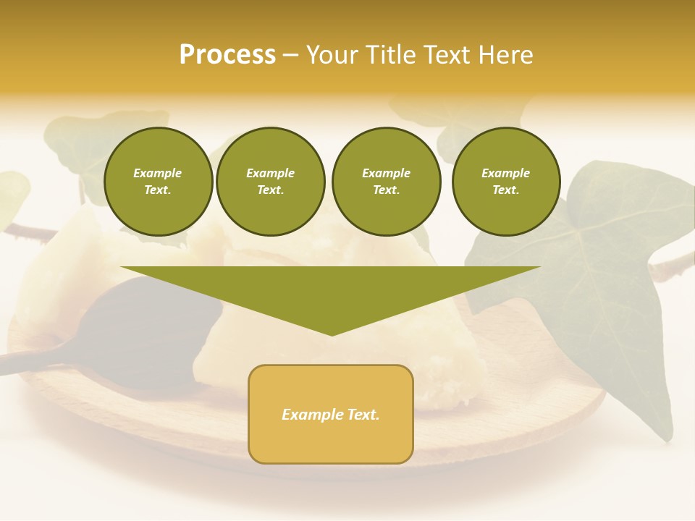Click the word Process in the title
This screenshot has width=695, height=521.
227,55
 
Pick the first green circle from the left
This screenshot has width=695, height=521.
158,182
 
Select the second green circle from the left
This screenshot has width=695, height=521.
270,182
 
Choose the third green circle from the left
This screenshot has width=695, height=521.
386,182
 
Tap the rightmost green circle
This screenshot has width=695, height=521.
505,182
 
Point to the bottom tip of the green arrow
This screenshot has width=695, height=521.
332,334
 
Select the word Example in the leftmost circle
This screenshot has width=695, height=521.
158,173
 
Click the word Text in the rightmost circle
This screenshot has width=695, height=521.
505,190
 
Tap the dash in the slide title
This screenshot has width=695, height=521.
290,55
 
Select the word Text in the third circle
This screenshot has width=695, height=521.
386,190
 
